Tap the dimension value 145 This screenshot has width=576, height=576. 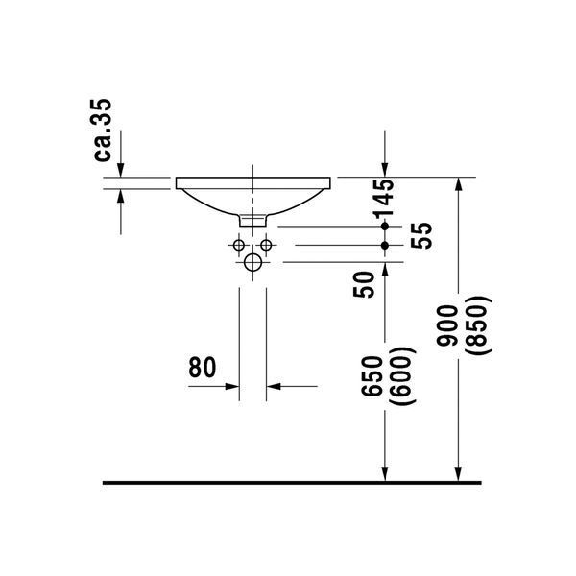(384, 199)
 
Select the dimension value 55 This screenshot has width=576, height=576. (421, 236)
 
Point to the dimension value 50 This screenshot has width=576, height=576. (363, 284)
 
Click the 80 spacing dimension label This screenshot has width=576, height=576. (202, 368)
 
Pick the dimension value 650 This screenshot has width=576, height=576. (372, 376)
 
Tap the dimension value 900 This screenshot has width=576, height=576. (447, 325)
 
